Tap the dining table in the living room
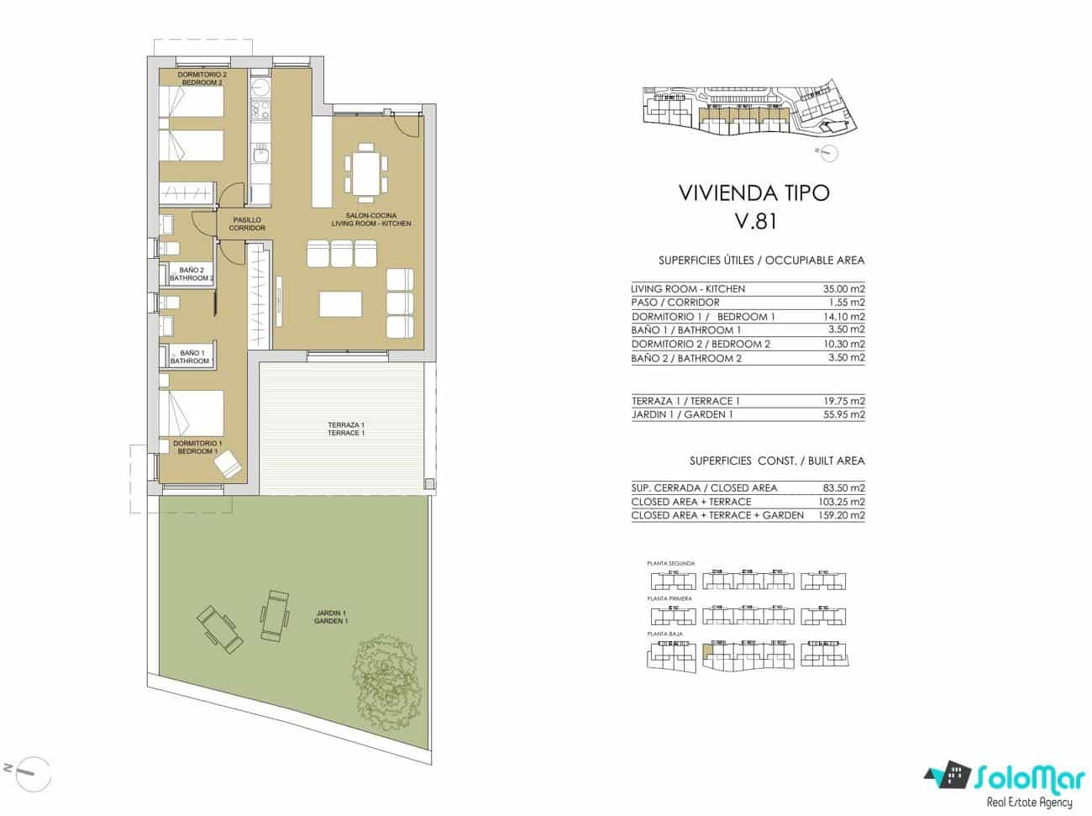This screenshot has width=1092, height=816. tap(365, 172)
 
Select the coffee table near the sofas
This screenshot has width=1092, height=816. tap(340, 303)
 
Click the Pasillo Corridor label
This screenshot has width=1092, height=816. tap(247, 224)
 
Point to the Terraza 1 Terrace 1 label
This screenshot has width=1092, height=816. tap(346, 429)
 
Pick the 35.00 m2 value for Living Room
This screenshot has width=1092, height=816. tap(844, 288)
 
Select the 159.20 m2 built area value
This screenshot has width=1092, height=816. tap(841, 515)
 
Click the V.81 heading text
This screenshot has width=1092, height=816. tap(753, 223)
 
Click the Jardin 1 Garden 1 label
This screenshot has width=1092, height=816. tap(331, 617)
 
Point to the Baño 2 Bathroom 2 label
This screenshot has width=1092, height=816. tap(192, 274)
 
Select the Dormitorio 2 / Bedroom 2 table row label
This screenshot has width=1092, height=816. tap(701, 344)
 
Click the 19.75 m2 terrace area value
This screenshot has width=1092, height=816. tap(844, 401)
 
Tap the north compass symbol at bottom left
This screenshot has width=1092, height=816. tap(30, 766)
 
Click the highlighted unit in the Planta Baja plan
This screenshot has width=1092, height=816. tap(707, 650)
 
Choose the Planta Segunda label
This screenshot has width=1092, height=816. tap(670, 563)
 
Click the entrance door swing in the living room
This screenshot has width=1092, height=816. tap(409, 124)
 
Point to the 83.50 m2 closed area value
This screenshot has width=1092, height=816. tap(844, 487)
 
